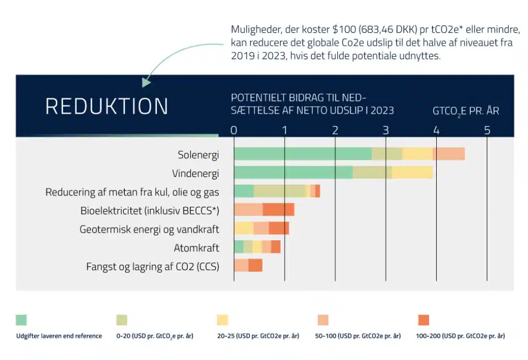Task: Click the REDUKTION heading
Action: point(107,106)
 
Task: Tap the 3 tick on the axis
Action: point(386,130)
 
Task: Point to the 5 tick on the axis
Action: point(487,130)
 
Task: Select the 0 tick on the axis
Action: point(234,130)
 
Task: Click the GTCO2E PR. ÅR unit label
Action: point(466,111)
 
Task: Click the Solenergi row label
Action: point(199,154)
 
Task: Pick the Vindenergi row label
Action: point(195,173)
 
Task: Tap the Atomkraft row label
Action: point(196,248)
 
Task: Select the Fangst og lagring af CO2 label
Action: point(153,266)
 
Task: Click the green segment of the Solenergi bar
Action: point(303,154)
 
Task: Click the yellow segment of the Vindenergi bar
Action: point(412,172)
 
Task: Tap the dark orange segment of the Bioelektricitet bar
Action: point(278,209)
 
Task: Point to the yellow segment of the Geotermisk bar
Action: point(243,228)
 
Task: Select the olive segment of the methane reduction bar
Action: point(279,191)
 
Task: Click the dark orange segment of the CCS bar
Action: point(255,265)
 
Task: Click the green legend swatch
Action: point(21,320)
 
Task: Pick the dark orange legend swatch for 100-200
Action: point(423,320)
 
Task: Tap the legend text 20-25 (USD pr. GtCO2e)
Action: point(258,336)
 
